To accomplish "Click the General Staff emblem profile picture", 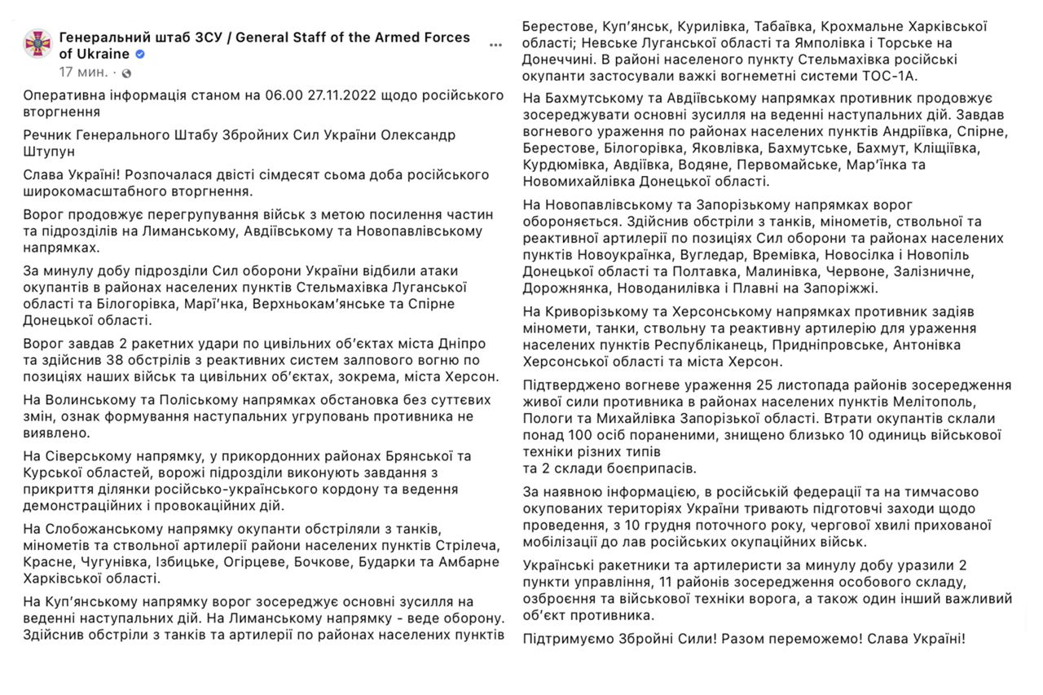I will (37, 45).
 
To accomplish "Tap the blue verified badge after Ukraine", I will (140, 55).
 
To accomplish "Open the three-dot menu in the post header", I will (495, 45).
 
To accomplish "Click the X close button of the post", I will (495, 45).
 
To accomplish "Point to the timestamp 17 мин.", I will (83, 73).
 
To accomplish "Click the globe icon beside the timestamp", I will (126, 73).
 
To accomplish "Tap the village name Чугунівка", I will (117, 562).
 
